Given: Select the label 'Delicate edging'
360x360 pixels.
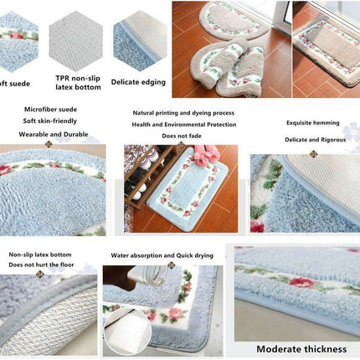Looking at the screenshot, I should coord(139,82).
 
